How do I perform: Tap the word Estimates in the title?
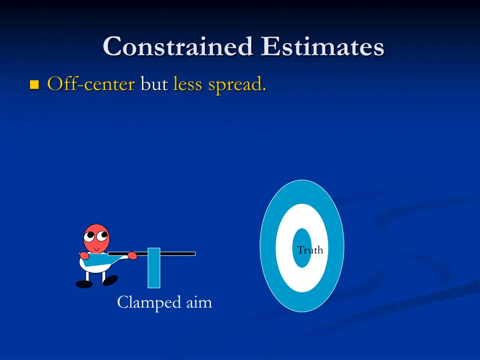click(x=323, y=47)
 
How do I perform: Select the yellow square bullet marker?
click(x=34, y=85)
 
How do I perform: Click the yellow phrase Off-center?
click(x=91, y=84)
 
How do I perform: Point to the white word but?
click(x=154, y=85)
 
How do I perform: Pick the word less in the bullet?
click(x=188, y=85)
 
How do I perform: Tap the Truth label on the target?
click(x=310, y=250)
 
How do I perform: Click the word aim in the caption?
click(x=199, y=303)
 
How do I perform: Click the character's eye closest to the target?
click(x=102, y=234)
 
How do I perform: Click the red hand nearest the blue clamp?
click(x=133, y=256)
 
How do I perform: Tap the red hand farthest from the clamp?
click(x=84, y=255)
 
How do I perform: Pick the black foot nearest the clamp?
click(x=110, y=280)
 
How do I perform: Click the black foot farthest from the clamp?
click(x=84, y=284)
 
